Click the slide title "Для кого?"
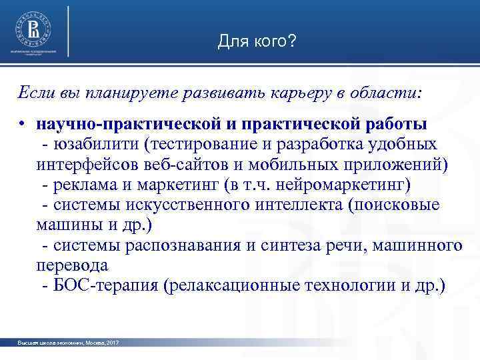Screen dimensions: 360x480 pyautogui.click(x=257, y=42)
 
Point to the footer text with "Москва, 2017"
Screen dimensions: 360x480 pyautogui.click(x=69, y=343)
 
